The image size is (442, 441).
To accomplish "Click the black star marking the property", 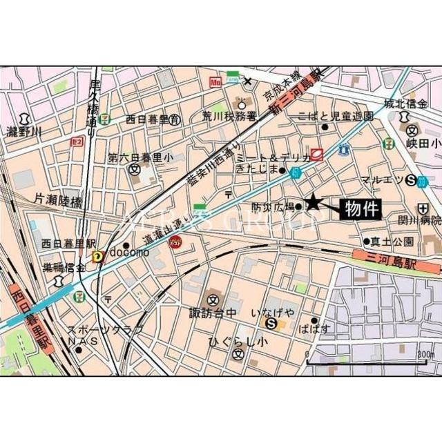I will point(313,202).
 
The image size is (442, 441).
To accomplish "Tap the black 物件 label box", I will point(361,208).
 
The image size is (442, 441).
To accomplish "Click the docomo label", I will point(146,252).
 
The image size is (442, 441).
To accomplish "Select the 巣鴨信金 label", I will point(61,267).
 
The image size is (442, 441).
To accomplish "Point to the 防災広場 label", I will point(272,206).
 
